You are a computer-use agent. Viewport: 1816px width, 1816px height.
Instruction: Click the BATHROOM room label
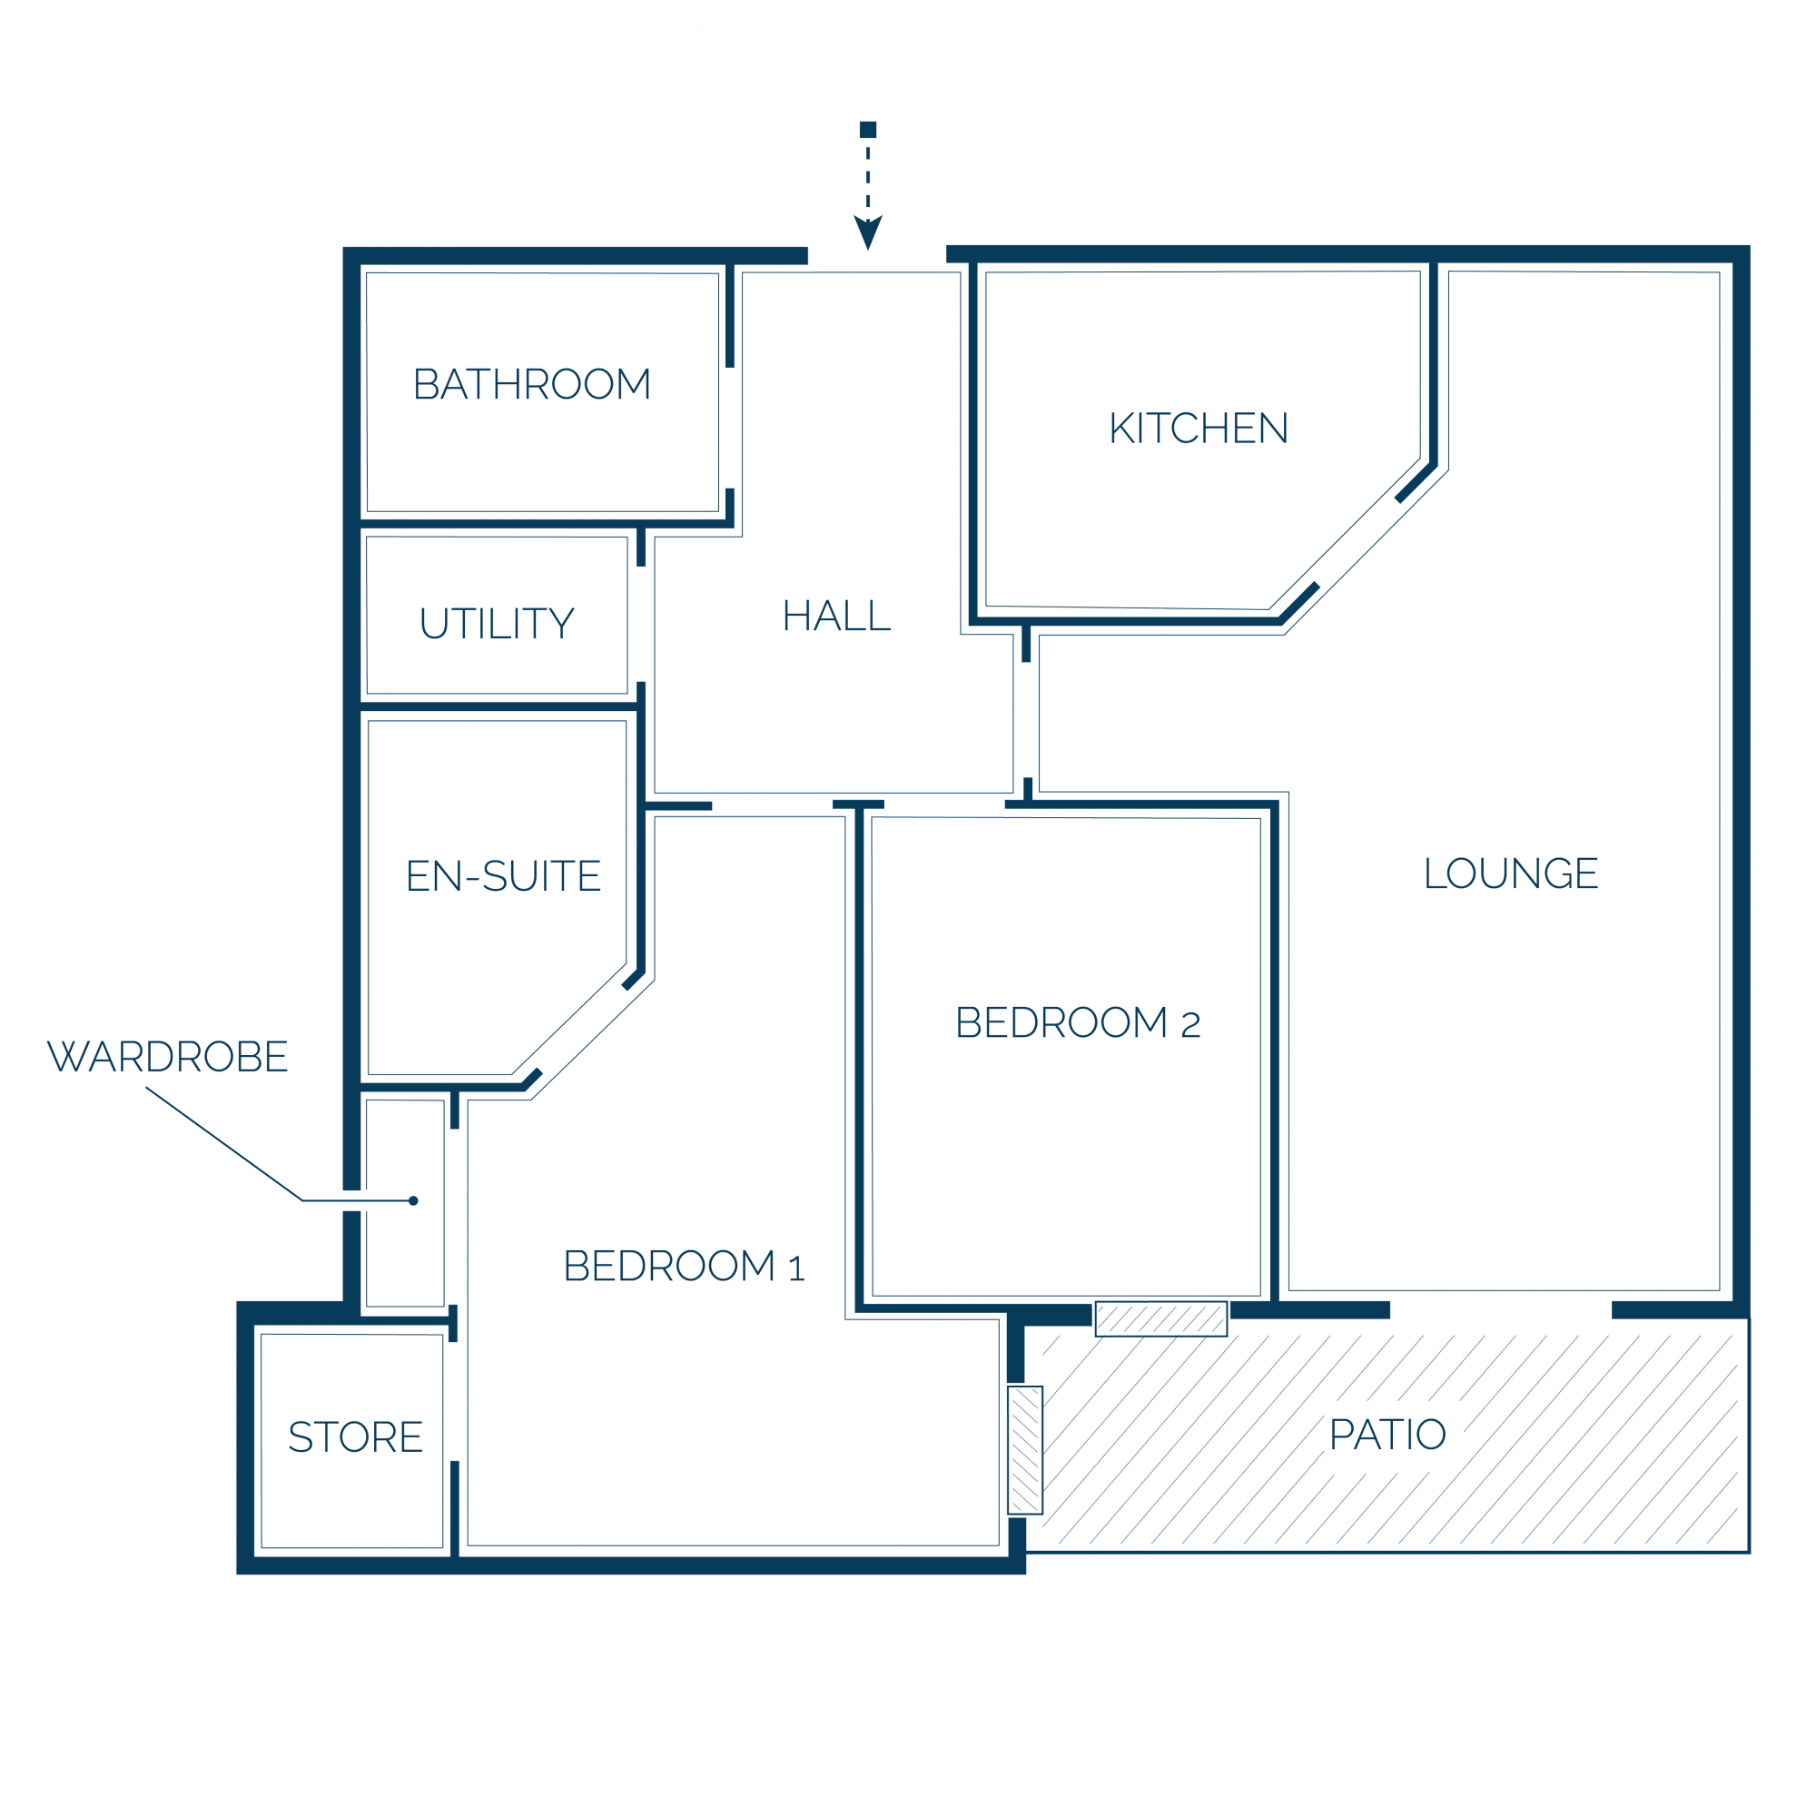pos(532,384)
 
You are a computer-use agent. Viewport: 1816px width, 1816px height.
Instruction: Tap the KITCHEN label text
pos(1199,429)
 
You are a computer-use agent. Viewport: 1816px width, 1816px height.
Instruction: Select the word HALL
pos(836,617)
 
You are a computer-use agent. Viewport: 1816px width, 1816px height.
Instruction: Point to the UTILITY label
pos(497,624)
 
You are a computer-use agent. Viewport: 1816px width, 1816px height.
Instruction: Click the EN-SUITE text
pos(503,876)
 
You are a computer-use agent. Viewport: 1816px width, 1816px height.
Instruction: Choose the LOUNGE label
pos(1511,873)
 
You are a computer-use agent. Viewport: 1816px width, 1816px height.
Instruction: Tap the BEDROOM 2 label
pos(1077,1022)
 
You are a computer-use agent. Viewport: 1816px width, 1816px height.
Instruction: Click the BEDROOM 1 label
pos(685,1266)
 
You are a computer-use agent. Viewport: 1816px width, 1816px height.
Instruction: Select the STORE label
pos(355,1437)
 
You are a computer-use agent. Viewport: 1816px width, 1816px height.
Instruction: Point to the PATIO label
pos(1387,1435)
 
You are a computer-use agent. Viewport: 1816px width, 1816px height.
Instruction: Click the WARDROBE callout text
pos(167,1057)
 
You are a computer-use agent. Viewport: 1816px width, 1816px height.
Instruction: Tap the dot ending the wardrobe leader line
pos(413,1200)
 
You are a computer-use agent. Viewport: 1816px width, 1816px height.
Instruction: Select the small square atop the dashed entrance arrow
pos(867,130)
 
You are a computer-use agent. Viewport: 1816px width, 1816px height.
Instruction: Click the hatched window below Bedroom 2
pos(1160,1318)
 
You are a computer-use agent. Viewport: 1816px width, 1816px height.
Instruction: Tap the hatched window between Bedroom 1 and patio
pos(1024,1449)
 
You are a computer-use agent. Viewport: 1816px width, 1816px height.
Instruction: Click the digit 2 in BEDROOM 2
pos(1191,1024)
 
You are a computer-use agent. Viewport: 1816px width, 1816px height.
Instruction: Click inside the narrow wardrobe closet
pos(405,1203)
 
